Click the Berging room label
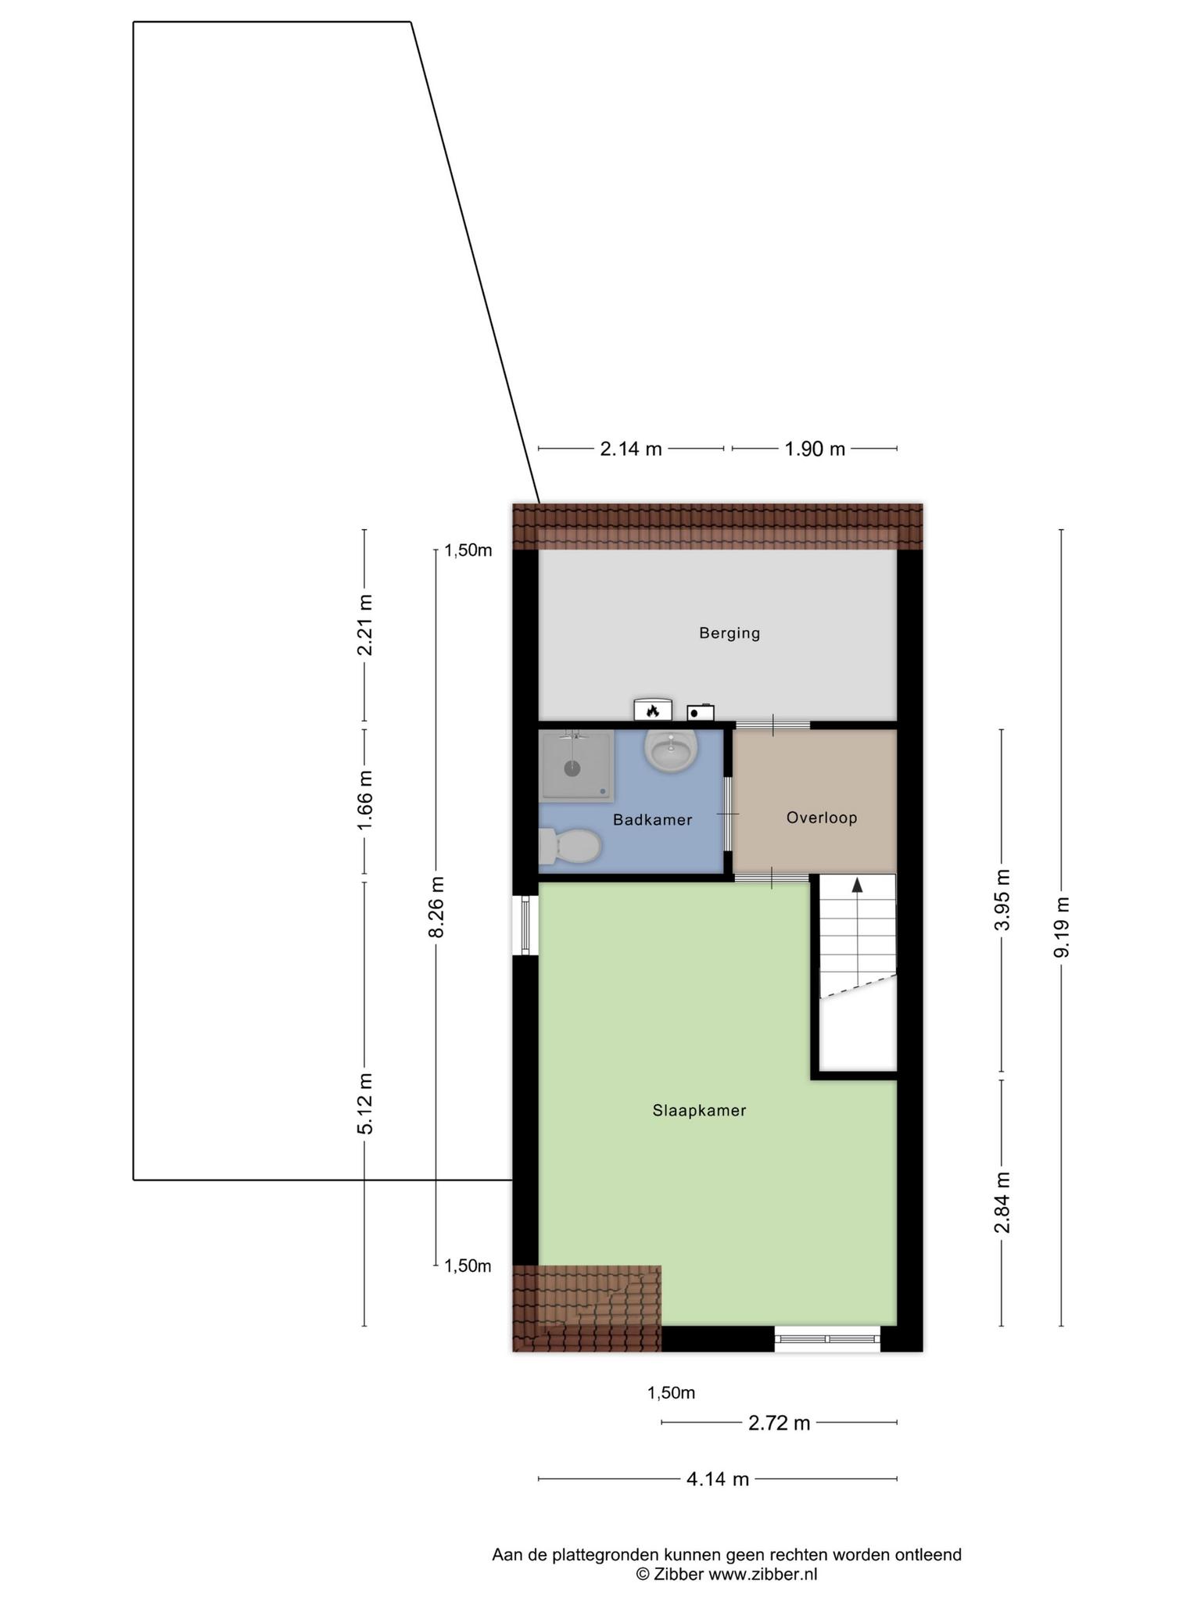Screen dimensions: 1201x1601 730,633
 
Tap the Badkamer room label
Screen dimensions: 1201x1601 653,820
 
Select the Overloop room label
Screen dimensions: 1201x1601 822,818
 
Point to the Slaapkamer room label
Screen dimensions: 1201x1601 700,1110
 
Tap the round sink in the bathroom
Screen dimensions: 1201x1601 671,750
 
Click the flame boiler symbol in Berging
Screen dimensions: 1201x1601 653,708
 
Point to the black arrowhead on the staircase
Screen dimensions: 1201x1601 857,885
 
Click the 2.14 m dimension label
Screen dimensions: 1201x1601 631,449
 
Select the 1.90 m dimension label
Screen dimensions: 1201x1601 815,449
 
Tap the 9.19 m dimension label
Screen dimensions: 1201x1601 1061,926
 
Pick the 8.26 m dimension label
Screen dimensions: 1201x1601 436,906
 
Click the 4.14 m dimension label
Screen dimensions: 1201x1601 718,1479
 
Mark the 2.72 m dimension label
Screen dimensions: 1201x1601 779,1423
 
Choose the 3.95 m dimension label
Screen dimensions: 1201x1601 1002,899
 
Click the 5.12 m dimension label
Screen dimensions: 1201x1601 365,1103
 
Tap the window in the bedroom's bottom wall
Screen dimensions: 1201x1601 827,1339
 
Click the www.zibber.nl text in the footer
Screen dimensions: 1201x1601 762,1574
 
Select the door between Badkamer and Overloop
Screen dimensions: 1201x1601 728,814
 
